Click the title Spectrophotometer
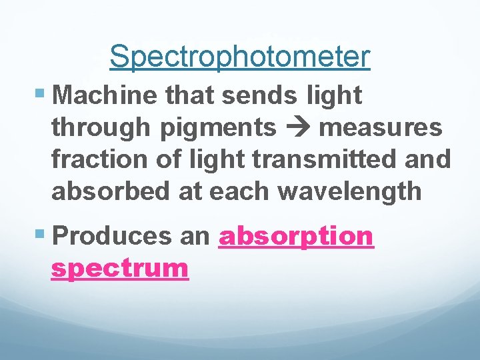[x=239, y=57]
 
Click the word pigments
[x=217, y=127]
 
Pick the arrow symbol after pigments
[x=297, y=127]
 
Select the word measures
[x=381, y=127]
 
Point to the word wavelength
[x=350, y=191]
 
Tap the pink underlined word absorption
[x=296, y=236]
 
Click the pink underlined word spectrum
[x=120, y=268]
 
